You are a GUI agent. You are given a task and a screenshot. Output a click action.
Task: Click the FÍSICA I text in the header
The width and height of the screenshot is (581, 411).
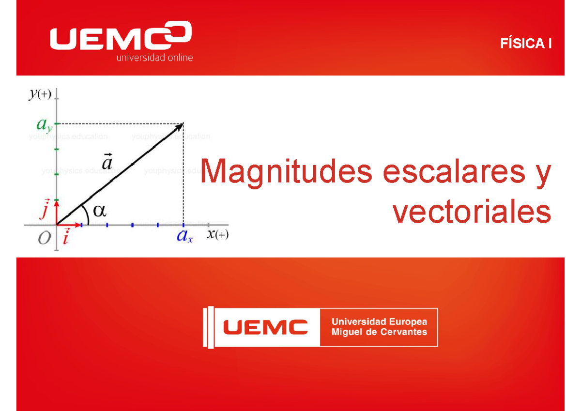(x=526, y=44)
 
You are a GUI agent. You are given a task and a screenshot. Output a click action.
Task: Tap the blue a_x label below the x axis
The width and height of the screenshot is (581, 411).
(x=184, y=237)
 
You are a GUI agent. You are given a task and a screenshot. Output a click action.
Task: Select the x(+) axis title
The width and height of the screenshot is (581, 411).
(x=218, y=235)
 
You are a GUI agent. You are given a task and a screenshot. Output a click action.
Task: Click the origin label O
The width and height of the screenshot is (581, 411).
(x=45, y=239)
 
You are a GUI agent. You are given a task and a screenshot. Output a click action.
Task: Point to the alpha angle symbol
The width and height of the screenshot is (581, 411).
(x=99, y=211)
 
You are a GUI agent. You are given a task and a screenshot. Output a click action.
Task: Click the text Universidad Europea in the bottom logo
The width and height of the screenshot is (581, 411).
(x=379, y=321)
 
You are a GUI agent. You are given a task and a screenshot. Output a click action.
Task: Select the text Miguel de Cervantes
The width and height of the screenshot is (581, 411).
(x=379, y=332)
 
